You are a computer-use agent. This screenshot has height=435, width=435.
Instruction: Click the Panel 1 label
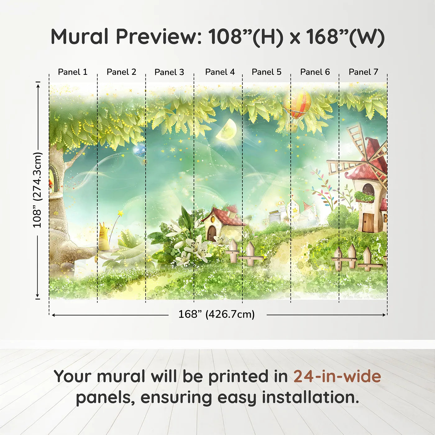tap(73, 72)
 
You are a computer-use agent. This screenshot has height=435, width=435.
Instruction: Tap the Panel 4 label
tap(220, 72)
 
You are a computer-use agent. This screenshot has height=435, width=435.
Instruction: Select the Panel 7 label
tap(363, 72)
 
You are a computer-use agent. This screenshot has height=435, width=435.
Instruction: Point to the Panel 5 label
tap(266, 72)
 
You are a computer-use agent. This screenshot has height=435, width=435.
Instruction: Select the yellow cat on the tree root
tap(104, 238)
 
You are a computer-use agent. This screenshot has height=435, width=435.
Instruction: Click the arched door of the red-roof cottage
tap(212, 233)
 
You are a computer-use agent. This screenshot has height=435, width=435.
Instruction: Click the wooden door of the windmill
tap(369, 223)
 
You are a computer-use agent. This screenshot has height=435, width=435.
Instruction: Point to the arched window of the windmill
tap(368, 190)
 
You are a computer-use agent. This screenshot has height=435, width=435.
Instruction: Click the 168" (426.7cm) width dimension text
tap(216, 314)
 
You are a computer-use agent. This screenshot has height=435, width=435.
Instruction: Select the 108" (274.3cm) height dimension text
tap(37, 190)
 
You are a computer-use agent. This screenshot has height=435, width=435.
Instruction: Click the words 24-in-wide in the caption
tap(337, 377)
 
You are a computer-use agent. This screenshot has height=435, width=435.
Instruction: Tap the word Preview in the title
tap(158, 37)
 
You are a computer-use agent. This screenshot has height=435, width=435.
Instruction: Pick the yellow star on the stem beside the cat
tap(120, 213)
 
